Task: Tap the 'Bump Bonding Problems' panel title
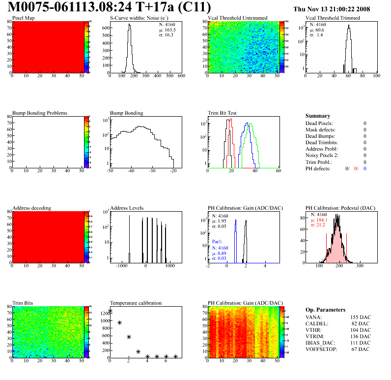coord(40,113)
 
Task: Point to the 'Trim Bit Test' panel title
coord(222,113)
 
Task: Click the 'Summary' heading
coord(318,116)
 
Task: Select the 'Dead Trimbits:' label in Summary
coord(322,143)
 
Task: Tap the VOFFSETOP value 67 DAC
coord(361,349)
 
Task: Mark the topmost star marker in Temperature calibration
coord(110,311)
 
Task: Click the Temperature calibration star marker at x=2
coord(129,337)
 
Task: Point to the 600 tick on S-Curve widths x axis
coord(181,76)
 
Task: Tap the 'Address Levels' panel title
coord(127,208)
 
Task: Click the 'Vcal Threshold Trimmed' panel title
coord(333,18)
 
